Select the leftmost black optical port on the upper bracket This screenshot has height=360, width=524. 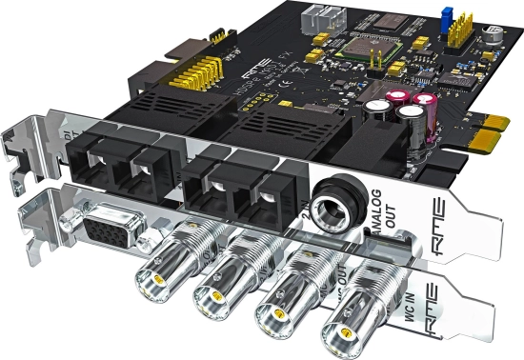[x=101, y=161]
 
